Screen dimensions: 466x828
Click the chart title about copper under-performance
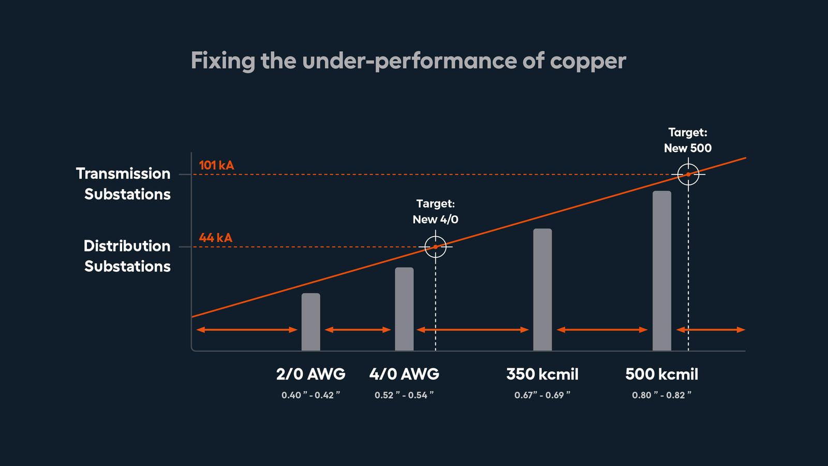click(408, 61)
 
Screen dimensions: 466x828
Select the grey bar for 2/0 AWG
click(311, 322)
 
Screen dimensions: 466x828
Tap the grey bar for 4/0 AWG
click(404, 309)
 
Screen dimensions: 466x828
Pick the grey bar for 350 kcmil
click(542, 290)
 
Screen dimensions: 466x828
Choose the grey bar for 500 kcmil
click(662, 271)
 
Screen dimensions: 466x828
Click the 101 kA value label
click(216, 165)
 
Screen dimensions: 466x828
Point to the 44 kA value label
click(215, 238)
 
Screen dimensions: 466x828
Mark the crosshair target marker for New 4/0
click(436, 247)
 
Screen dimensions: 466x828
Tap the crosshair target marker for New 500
click(688, 174)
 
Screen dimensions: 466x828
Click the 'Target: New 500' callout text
click(688, 140)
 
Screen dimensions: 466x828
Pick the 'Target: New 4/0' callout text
click(435, 212)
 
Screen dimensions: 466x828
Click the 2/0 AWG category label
click(310, 374)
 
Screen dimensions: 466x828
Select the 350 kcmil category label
click(542, 374)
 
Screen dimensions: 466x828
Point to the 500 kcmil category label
click(661, 374)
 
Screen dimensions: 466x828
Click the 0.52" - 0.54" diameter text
click(404, 395)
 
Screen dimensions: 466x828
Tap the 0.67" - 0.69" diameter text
click(542, 395)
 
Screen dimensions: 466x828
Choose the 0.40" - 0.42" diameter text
click(310, 395)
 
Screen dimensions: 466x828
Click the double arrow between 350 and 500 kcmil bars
click(602, 330)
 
